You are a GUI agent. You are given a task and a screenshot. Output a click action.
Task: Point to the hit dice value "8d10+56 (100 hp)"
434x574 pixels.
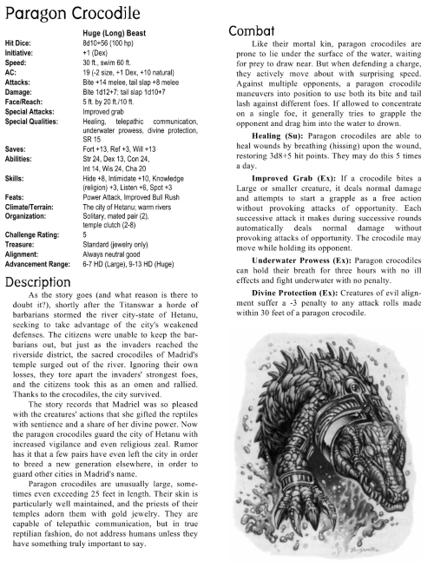point(125,43)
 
